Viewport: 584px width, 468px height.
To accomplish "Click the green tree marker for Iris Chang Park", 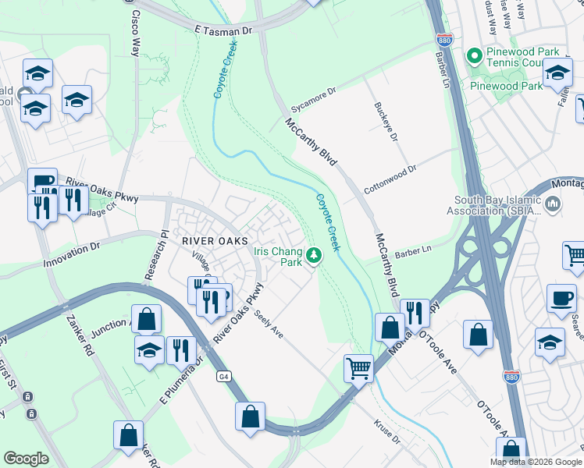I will [314, 255].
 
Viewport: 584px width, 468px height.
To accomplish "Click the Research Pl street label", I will [153, 254].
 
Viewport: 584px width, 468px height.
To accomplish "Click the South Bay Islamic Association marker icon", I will [554, 205].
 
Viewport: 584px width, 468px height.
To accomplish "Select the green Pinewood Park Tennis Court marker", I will [473, 55].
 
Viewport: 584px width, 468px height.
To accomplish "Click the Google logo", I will [27, 459].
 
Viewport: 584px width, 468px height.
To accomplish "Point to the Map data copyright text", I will [536, 462].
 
